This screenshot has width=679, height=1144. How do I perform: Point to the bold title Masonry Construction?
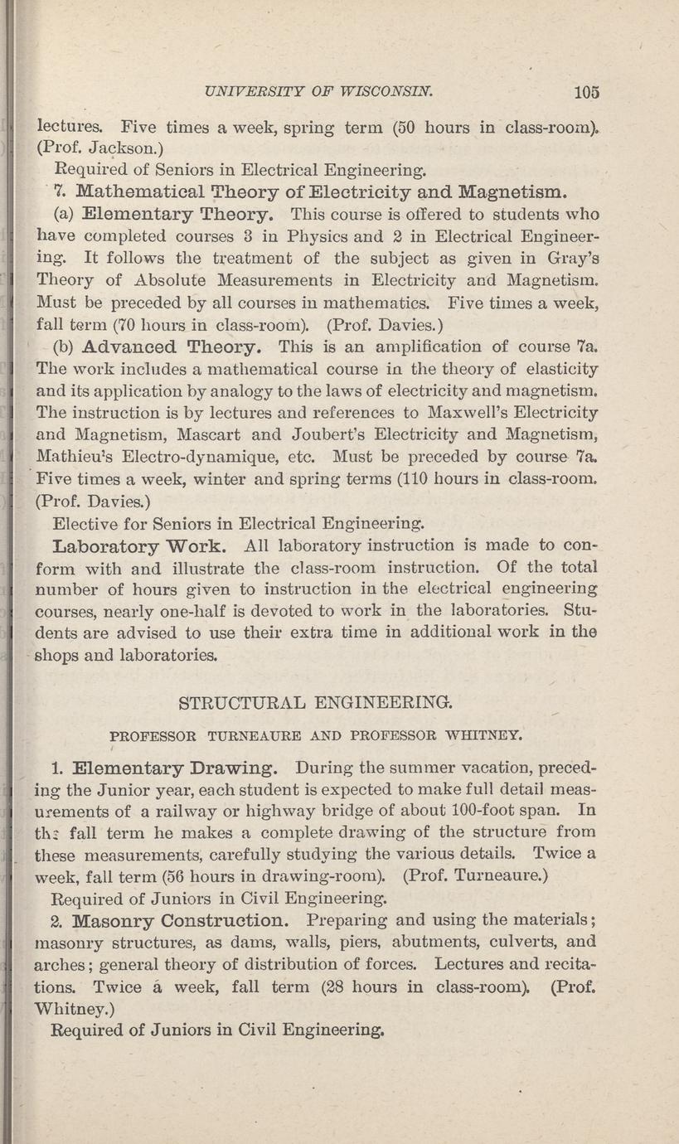181,920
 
